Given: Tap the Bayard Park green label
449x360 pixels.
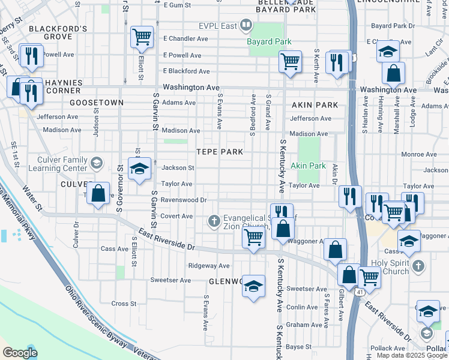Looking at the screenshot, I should pyautogui.click(x=270, y=41).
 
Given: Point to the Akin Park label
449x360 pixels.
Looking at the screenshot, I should pyautogui.click(x=308, y=166).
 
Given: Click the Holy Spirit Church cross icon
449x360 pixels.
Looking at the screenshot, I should pyautogui.click(x=419, y=265).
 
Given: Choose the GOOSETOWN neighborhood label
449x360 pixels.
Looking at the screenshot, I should pyautogui.click(x=96, y=103).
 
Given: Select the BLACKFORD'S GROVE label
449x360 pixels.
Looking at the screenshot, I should pyautogui.click(x=58, y=33).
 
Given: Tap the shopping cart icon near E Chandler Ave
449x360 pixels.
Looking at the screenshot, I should pyautogui.click(x=142, y=37).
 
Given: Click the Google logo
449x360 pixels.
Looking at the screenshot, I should pyautogui.click(x=20, y=353).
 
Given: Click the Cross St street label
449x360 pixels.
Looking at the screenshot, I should pyautogui.click(x=124, y=304).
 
